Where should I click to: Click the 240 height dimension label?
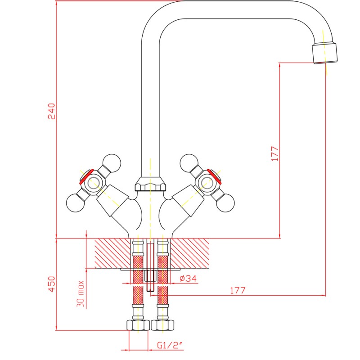[x=51, y=111]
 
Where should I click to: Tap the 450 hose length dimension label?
[x=51, y=284]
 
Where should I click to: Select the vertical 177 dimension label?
[x=275, y=153]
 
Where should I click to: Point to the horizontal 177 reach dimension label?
[x=238, y=290]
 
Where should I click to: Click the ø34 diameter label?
[x=188, y=278]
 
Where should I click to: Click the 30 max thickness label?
[x=81, y=294]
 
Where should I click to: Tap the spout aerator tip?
[x=325, y=53]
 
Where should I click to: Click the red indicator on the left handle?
[x=86, y=177]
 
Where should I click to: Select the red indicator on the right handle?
[x=215, y=177]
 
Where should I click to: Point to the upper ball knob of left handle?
[x=112, y=163]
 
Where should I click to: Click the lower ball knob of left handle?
[x=75, y=203]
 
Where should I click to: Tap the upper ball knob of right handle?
[x=189, y=163]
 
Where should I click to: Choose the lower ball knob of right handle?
[x=225, y=203]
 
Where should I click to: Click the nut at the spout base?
[x=150, y=184]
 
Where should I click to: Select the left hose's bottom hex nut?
[x=138, y=325]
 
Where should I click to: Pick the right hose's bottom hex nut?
[x=162, y=325]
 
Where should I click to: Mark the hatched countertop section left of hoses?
[x=113, y=253]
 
